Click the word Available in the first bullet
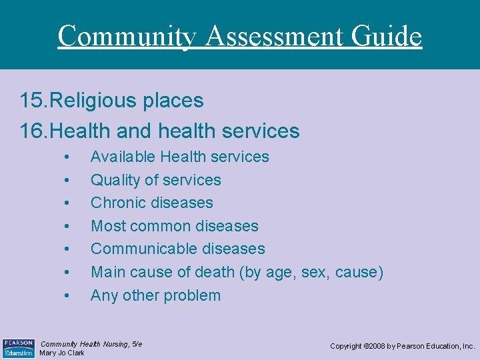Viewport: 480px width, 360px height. (122, 157)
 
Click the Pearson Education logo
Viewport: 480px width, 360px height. (18, 347)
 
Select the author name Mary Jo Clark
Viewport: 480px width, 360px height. (62, 353)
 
